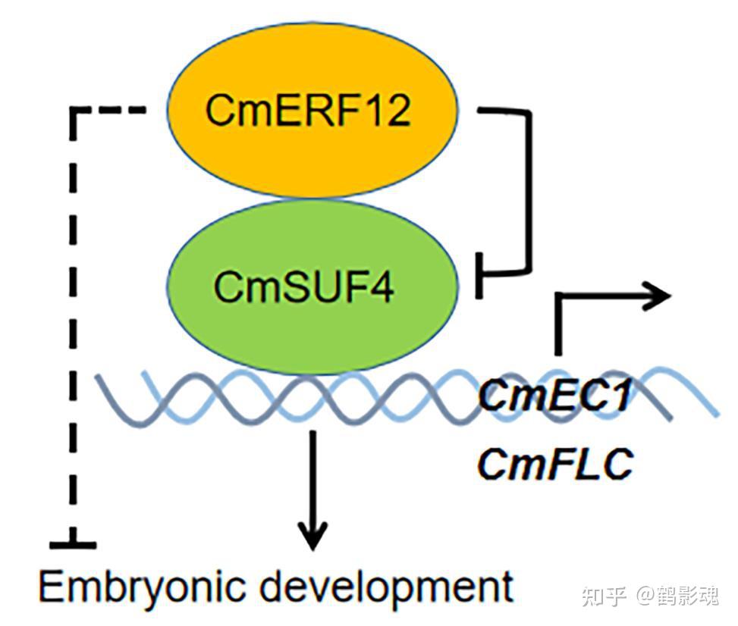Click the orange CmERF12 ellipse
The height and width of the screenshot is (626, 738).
[312, 109]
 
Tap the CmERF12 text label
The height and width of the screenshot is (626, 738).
[308, 110]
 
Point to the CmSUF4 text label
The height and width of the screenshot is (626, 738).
[303, 286]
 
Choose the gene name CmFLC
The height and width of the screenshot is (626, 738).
[554, 465]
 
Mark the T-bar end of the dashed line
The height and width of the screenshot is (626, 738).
[73, 545]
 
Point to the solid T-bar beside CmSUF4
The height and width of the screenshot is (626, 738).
[479, 275]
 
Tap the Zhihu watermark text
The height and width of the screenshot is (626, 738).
[650, 595]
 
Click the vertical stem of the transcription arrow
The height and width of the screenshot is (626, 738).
[558, 324]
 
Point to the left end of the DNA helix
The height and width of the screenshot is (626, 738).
[96, 376]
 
